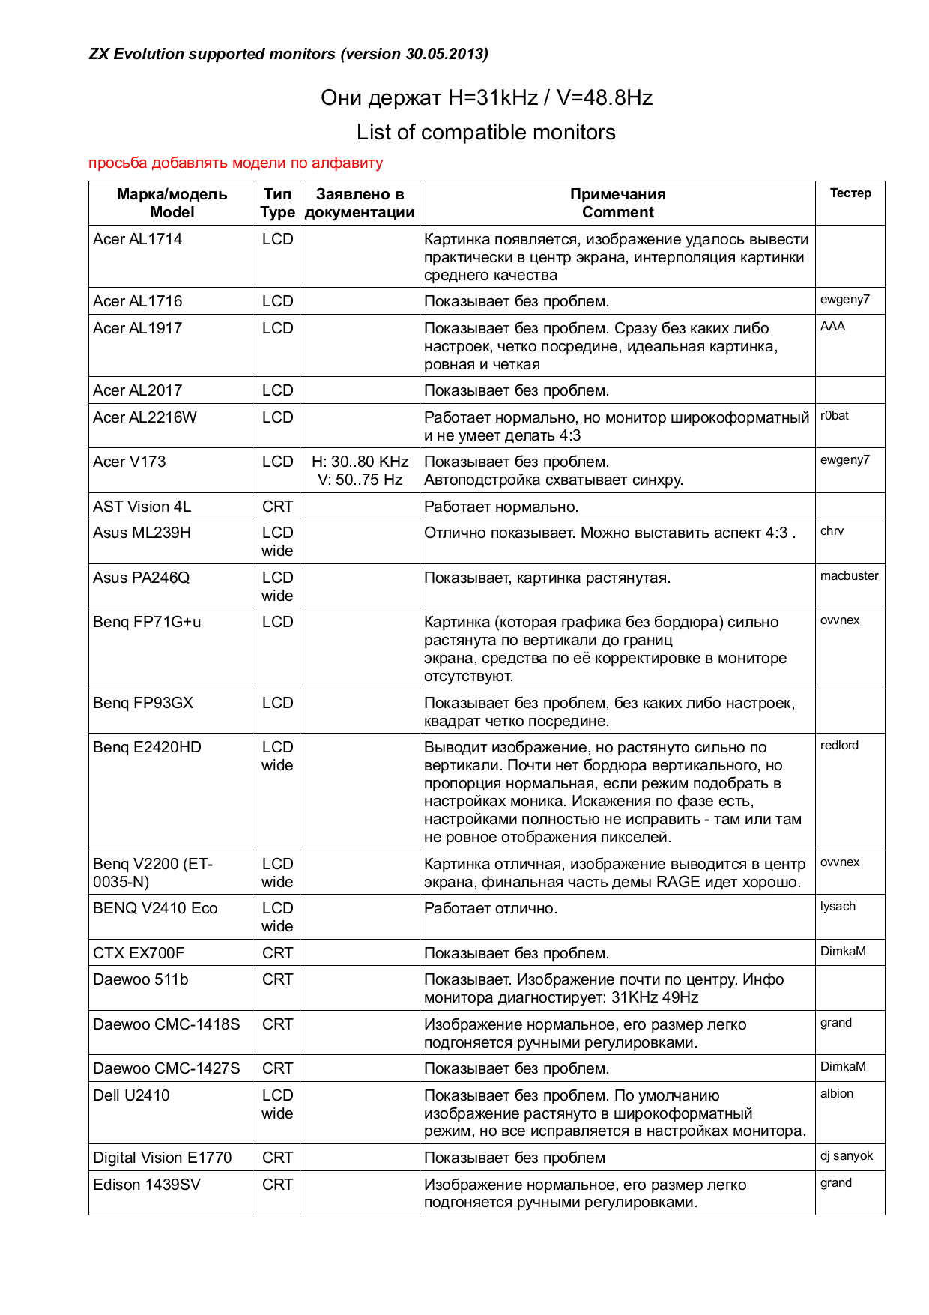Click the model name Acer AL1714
pyautogui.click(x=138, y=239)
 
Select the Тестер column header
pyautogui.click(x=850, y=193)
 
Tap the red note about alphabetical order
pyautogui.click(x=235, y=163)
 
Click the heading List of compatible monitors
pyautogui.click(x=485, y=133)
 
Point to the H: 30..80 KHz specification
pyautogui.click(x=360, y=462)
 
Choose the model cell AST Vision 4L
pyautogui.click(x=142, y=507)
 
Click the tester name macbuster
pyautogui.click(x=849, y=576)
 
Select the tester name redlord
pyautogui.click(x=839, y=746)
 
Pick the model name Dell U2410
pyautogui.click(x=131, y=1095)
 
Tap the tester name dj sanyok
pyautogui.click(x=847, y=1156)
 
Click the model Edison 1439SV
pyautogui.click(x=147, y=1185)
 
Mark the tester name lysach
pyautogui.click(x=838, y=907)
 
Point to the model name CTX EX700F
pyautogui.click(x=139, y=953)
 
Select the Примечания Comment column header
pyautogui.click(x=617, y=203)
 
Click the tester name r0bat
pyautogui.click(x=835, y=416)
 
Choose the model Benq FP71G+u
pyautogui.click(x=147, y=622)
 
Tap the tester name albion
pyautogui.click(x=837, y=1094)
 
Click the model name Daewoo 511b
pyautogui.click(x=141, y=979)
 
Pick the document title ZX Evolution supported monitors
pyautogui.click(x=288, y=54)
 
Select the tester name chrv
pyautogui.click(x=832, y=531)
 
